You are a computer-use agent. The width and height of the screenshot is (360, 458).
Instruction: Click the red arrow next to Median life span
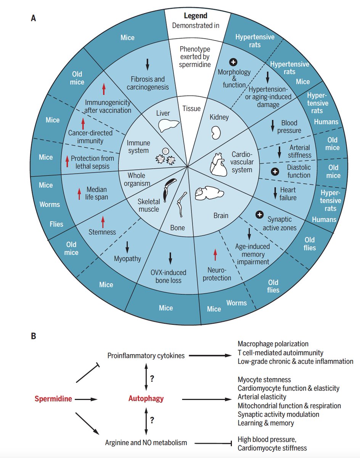tap(79, 194)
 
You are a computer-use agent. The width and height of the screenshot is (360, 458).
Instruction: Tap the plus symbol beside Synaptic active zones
tap(259, 214)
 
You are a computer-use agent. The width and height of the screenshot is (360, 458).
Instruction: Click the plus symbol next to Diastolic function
tap(274, 172)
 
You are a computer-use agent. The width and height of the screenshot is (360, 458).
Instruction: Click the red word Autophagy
tap(146, 399)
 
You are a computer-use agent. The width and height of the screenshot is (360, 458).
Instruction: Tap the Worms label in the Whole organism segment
tap(50, 204)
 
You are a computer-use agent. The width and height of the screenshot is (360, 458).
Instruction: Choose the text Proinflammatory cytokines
tap(146, 356)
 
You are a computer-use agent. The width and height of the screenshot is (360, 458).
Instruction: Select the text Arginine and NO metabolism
tap(146, 443)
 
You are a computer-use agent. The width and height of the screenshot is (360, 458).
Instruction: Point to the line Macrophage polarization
tap(273, 344)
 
